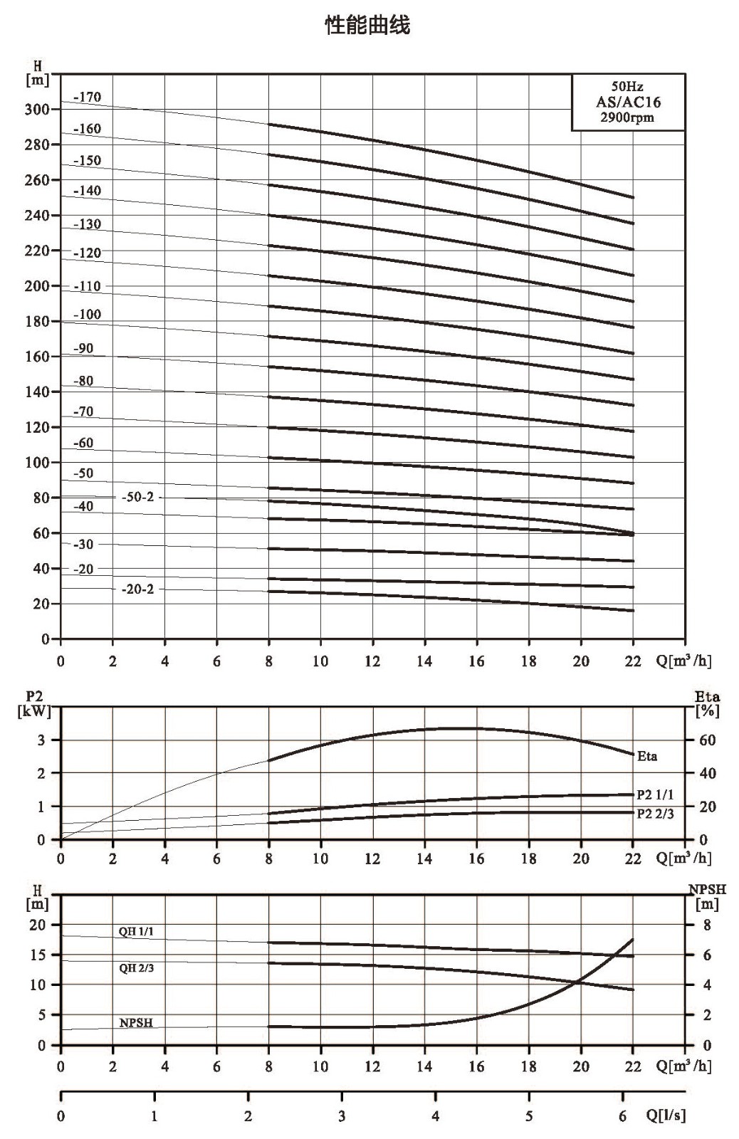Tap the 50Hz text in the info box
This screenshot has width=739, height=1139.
click(x=627, y=86)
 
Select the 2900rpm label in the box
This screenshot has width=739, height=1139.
click(x=627, y=117)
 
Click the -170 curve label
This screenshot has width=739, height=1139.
click(x=88, y=97)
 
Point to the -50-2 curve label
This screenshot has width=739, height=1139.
click(x=137, y=497)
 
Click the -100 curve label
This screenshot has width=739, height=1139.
click(x=88, y=314)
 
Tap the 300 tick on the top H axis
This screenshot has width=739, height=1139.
click(x=37, y=110)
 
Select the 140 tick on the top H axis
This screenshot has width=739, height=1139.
click(x=37, y=392)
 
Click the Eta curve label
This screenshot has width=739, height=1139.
click(x=647, y=756)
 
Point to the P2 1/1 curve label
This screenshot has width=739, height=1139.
click(x=655, y=794)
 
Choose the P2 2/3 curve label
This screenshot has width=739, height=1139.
click(x=655, y=814)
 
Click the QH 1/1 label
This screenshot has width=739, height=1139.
click(x=136, y=932)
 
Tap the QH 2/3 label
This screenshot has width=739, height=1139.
click(x=136, y=967)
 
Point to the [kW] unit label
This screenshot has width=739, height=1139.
click(x=35, y=711)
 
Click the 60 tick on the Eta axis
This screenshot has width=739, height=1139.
click(x=708, y=740)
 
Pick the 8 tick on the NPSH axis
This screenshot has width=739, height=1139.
click(x=707, y=925)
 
